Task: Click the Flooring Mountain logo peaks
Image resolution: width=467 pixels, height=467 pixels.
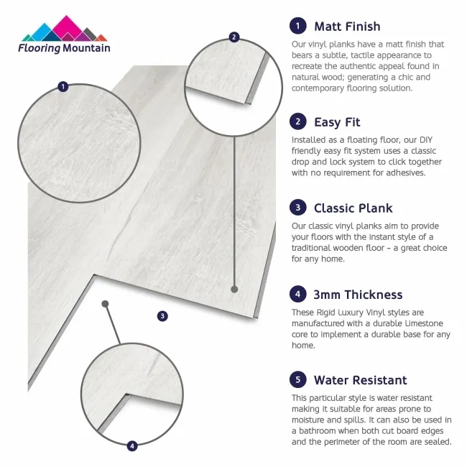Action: click(64, 29)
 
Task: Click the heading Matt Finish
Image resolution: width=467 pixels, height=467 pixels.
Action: click(347, 27)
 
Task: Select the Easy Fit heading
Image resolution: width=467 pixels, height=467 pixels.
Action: click(337, 122)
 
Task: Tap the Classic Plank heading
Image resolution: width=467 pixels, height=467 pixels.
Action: click(353, 208)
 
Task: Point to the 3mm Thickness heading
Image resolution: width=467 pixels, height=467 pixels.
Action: click(358, 295)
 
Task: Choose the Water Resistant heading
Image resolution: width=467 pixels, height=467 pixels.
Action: click(360, 380)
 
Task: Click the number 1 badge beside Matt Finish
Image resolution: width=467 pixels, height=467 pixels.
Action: click(297, 27)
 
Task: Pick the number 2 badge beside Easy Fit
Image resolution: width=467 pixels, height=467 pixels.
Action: click(297, 121)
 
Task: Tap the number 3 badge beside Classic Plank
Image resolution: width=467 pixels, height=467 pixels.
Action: click(297, 208)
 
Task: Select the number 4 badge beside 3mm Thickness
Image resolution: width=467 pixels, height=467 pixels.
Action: click(297, 295)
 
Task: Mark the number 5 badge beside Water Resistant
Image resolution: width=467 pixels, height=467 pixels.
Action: click(297, 380)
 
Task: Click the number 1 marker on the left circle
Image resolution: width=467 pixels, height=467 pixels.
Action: click(63, 87)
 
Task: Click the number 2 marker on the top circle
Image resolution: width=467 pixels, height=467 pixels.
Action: click(233, 37)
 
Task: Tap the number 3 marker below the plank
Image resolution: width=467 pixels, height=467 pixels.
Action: click(162, 315)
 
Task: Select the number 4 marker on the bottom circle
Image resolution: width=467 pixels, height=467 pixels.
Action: click(132, 446)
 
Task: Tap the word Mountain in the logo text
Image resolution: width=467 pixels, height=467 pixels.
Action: click(85, 49)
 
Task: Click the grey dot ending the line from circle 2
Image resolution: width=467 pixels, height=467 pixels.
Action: click(234, 289)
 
